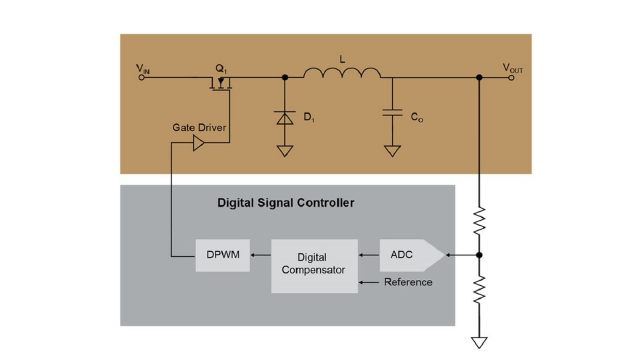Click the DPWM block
pos(223,255)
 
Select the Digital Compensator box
pos(314,266)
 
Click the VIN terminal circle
pos(141,77)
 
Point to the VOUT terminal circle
pos(511,77)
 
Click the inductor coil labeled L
pos(342,73)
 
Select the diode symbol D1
pos(285,118)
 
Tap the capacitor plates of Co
pos(392,112)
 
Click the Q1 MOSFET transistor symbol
pos(220,83)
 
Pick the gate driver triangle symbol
pos(198,143)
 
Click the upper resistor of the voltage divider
pos(479,220)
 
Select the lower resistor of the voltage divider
pos(479,289)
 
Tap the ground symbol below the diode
pos(285,151)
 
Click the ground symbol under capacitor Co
pos(392,151)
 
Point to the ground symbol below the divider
pos(479,342)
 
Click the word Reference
pos(408,282)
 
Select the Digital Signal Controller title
pos(286,203)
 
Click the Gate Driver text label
pos(199,127)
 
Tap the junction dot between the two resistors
pos(479,255)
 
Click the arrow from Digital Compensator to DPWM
pos(261,255)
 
